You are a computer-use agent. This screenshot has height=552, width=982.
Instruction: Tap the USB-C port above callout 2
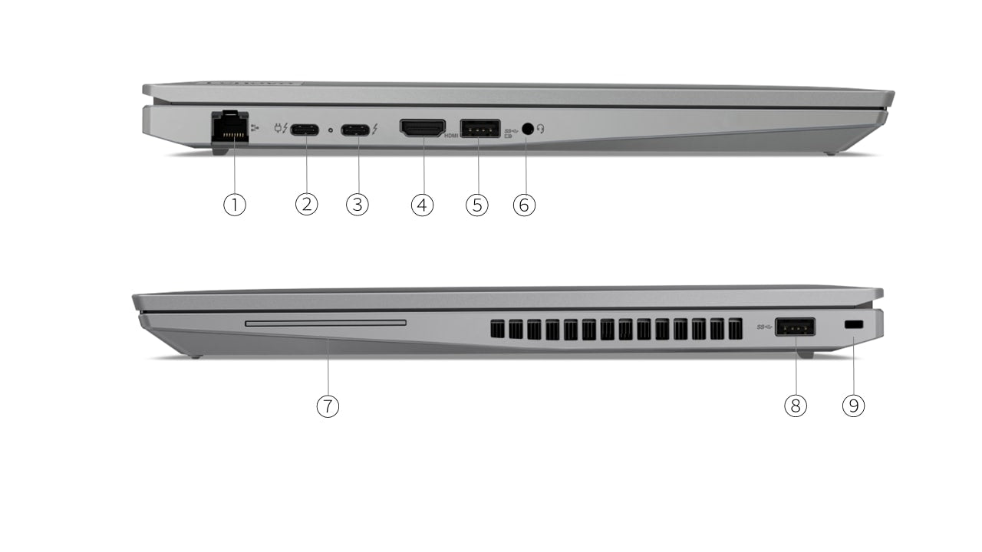(305, 129)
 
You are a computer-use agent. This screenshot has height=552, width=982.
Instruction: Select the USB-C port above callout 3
(355, 129)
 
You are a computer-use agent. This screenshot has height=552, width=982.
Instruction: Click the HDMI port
(422, 128)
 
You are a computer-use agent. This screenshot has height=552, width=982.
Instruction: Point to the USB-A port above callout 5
(480, 129)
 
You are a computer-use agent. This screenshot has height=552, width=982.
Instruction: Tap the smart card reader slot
(325, 324)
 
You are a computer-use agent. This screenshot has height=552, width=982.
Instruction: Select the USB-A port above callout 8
(795, 327)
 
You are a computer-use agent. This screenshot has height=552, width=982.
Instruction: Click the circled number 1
(235, 205)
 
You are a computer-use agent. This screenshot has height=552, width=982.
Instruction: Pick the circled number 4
(422, 205)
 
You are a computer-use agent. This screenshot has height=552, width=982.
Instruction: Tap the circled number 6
(524, 205)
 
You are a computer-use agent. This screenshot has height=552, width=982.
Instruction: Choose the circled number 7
(328, 406)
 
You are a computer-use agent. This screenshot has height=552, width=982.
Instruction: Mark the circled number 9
(853, 406)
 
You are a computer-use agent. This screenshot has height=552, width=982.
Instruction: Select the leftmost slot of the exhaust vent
(497, 329)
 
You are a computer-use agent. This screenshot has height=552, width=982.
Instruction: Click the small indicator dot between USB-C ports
(330, 130)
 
